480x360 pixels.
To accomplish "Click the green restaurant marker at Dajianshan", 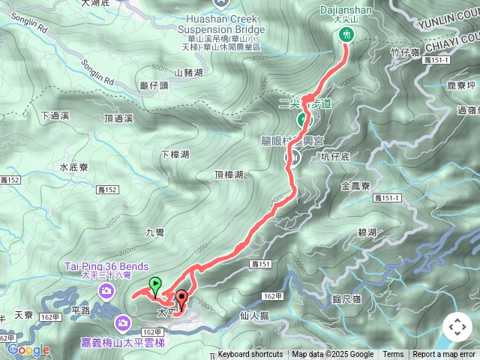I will (x=346, y=34).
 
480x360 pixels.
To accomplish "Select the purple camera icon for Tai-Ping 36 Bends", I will (x=107, y=290).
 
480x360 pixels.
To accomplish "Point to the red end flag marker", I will (x=181, y=298).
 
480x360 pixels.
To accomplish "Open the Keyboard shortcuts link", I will (x=250, y=355).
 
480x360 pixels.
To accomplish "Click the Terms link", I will (x=393, y=355).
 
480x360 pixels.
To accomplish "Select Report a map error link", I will (x=445, y=355).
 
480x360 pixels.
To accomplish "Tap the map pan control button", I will (x=457, y=327).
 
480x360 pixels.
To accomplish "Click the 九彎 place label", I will (x=154, y=232).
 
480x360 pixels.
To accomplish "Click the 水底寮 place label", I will (x=74, y=168).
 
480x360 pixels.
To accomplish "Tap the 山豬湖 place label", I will (x=188, y=73).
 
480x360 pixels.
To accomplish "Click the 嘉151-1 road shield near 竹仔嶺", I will (x=435, y=60).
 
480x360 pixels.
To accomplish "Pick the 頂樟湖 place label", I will (x=229, y=175).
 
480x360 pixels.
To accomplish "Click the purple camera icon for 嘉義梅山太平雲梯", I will (x=121, y=323).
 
